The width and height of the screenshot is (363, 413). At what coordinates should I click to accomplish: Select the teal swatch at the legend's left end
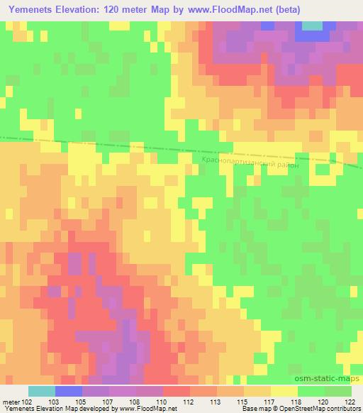(x=41, y=391)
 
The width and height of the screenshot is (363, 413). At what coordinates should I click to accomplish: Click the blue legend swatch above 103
(x=69, y=391)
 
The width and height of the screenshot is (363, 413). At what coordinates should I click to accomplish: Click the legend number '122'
(x=352, y=402)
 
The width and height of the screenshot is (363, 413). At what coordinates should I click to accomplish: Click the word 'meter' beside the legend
(x=10, y=402)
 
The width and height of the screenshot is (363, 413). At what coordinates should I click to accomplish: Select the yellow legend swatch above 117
(x=284, y=391)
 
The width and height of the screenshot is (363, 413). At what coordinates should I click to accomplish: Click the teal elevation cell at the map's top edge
(x=312, y=26)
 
